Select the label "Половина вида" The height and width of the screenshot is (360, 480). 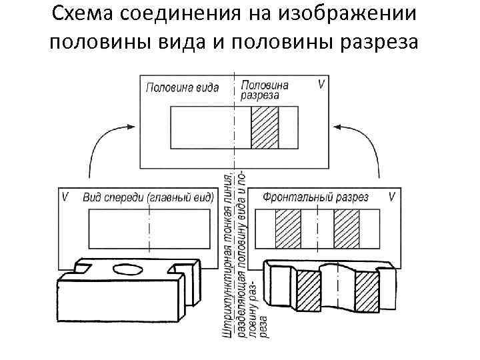click(x=182, y=88)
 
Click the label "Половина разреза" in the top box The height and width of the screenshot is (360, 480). click(x=265, y=90)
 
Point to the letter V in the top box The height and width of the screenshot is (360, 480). click(x=322, y=85)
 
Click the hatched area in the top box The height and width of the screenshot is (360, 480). click(x=264, y=127)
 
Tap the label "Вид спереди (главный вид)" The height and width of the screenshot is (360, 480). click(x=148, y=197)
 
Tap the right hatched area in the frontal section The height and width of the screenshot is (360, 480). click(x=347, y=228)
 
